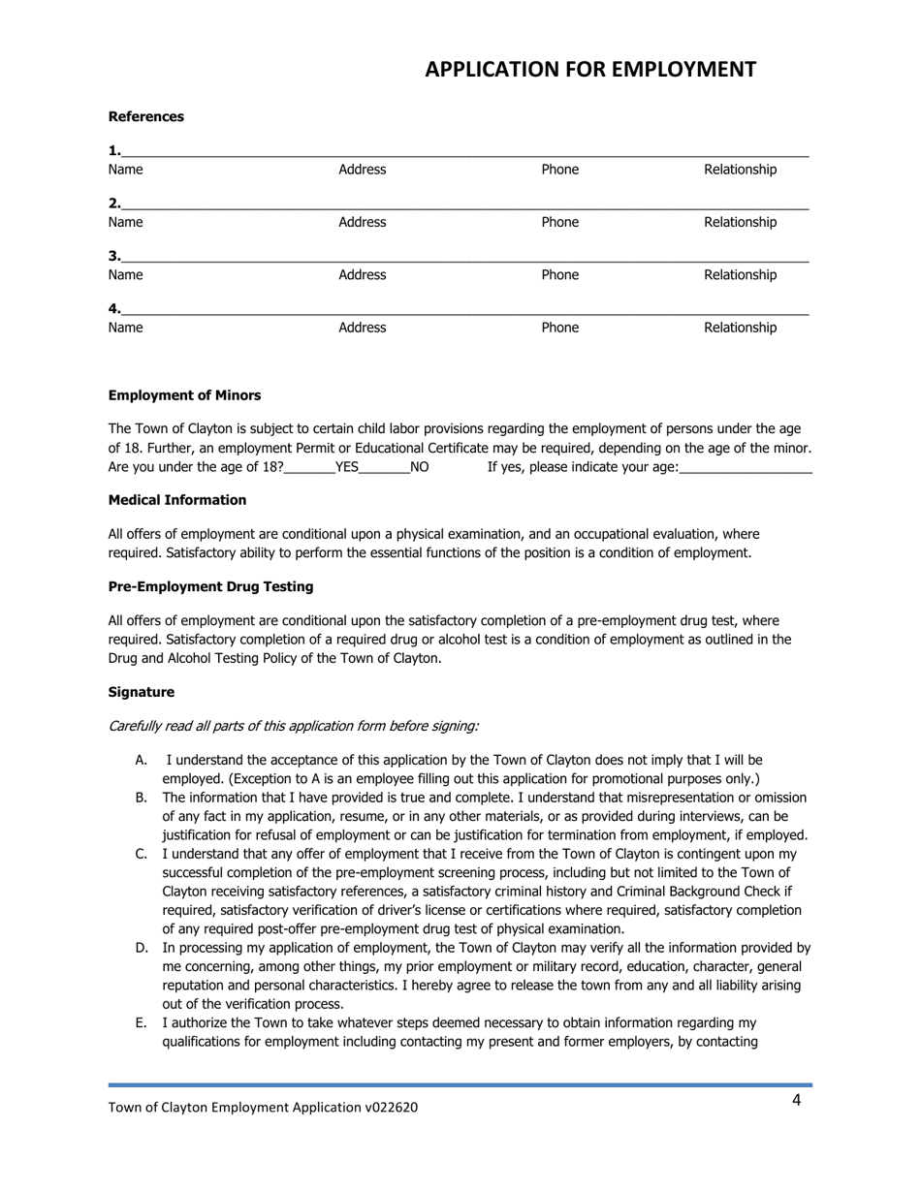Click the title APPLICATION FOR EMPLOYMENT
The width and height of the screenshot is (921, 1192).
590,70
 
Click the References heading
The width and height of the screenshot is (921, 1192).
146,116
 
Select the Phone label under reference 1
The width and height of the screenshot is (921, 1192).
559,170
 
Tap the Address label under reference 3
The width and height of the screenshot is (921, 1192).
362,275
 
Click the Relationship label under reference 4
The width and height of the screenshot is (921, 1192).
740,328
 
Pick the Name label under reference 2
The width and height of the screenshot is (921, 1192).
125,223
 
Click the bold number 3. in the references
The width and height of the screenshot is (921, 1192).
114,256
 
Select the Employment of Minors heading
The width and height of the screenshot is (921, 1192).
184,395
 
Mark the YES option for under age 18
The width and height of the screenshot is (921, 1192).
346,467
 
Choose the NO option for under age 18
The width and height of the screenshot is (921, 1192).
419,467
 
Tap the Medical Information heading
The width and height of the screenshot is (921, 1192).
177,500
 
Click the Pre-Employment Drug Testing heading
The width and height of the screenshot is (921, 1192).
210,586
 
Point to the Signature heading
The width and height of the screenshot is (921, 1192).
142,692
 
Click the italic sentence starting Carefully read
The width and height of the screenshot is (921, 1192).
293,726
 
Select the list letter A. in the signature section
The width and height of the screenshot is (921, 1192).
141,761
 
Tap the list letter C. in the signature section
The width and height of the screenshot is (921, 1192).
141,854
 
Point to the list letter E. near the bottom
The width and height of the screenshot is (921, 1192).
141,1022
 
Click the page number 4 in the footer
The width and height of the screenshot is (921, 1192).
797,1100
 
